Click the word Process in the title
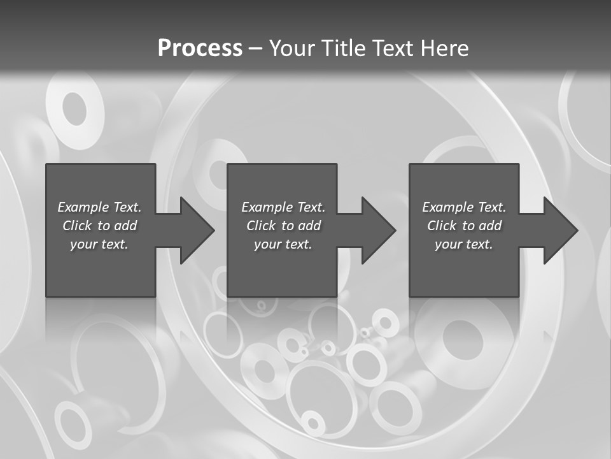pyautogui.click(x=200, y=48)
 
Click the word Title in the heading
pyautogui.click(x=343, y=48)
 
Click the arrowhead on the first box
pyautogui.click(x=198, y=230)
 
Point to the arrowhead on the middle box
pyautogui.click(x=379, y=230)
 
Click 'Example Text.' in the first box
pyautogui.click(x=100, y=207)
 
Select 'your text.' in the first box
pyautogui.click(x=100, y=244)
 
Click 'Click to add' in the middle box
pyautogui.click(x=283, y=226)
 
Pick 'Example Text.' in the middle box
pyautogui.click(x=283, y=207)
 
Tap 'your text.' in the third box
pyautogui.click(x=464, y=244)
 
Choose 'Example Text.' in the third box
pyautogui.click(x=464, y=207)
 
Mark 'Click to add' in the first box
pyautogui.click(x=100, y=226)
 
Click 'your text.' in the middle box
pyautogui.click(x=283, y=244)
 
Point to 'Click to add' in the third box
pyautogui.click(x=464, y=226)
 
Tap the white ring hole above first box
pyautogui.click(x=74, y=110)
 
